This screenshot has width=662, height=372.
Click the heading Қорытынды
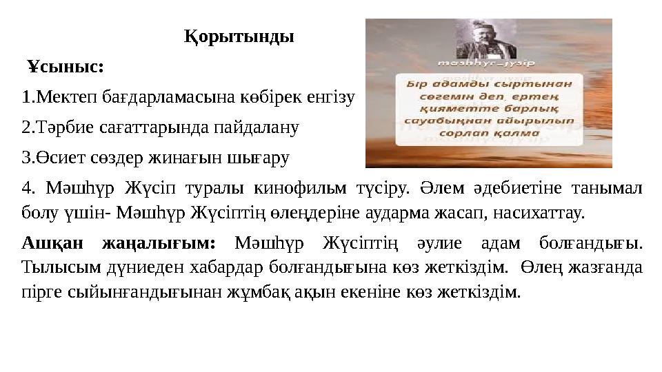coord(239,36)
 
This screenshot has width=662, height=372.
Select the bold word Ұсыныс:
coord(66,68)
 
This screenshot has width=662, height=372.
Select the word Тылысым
coord(53,267)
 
